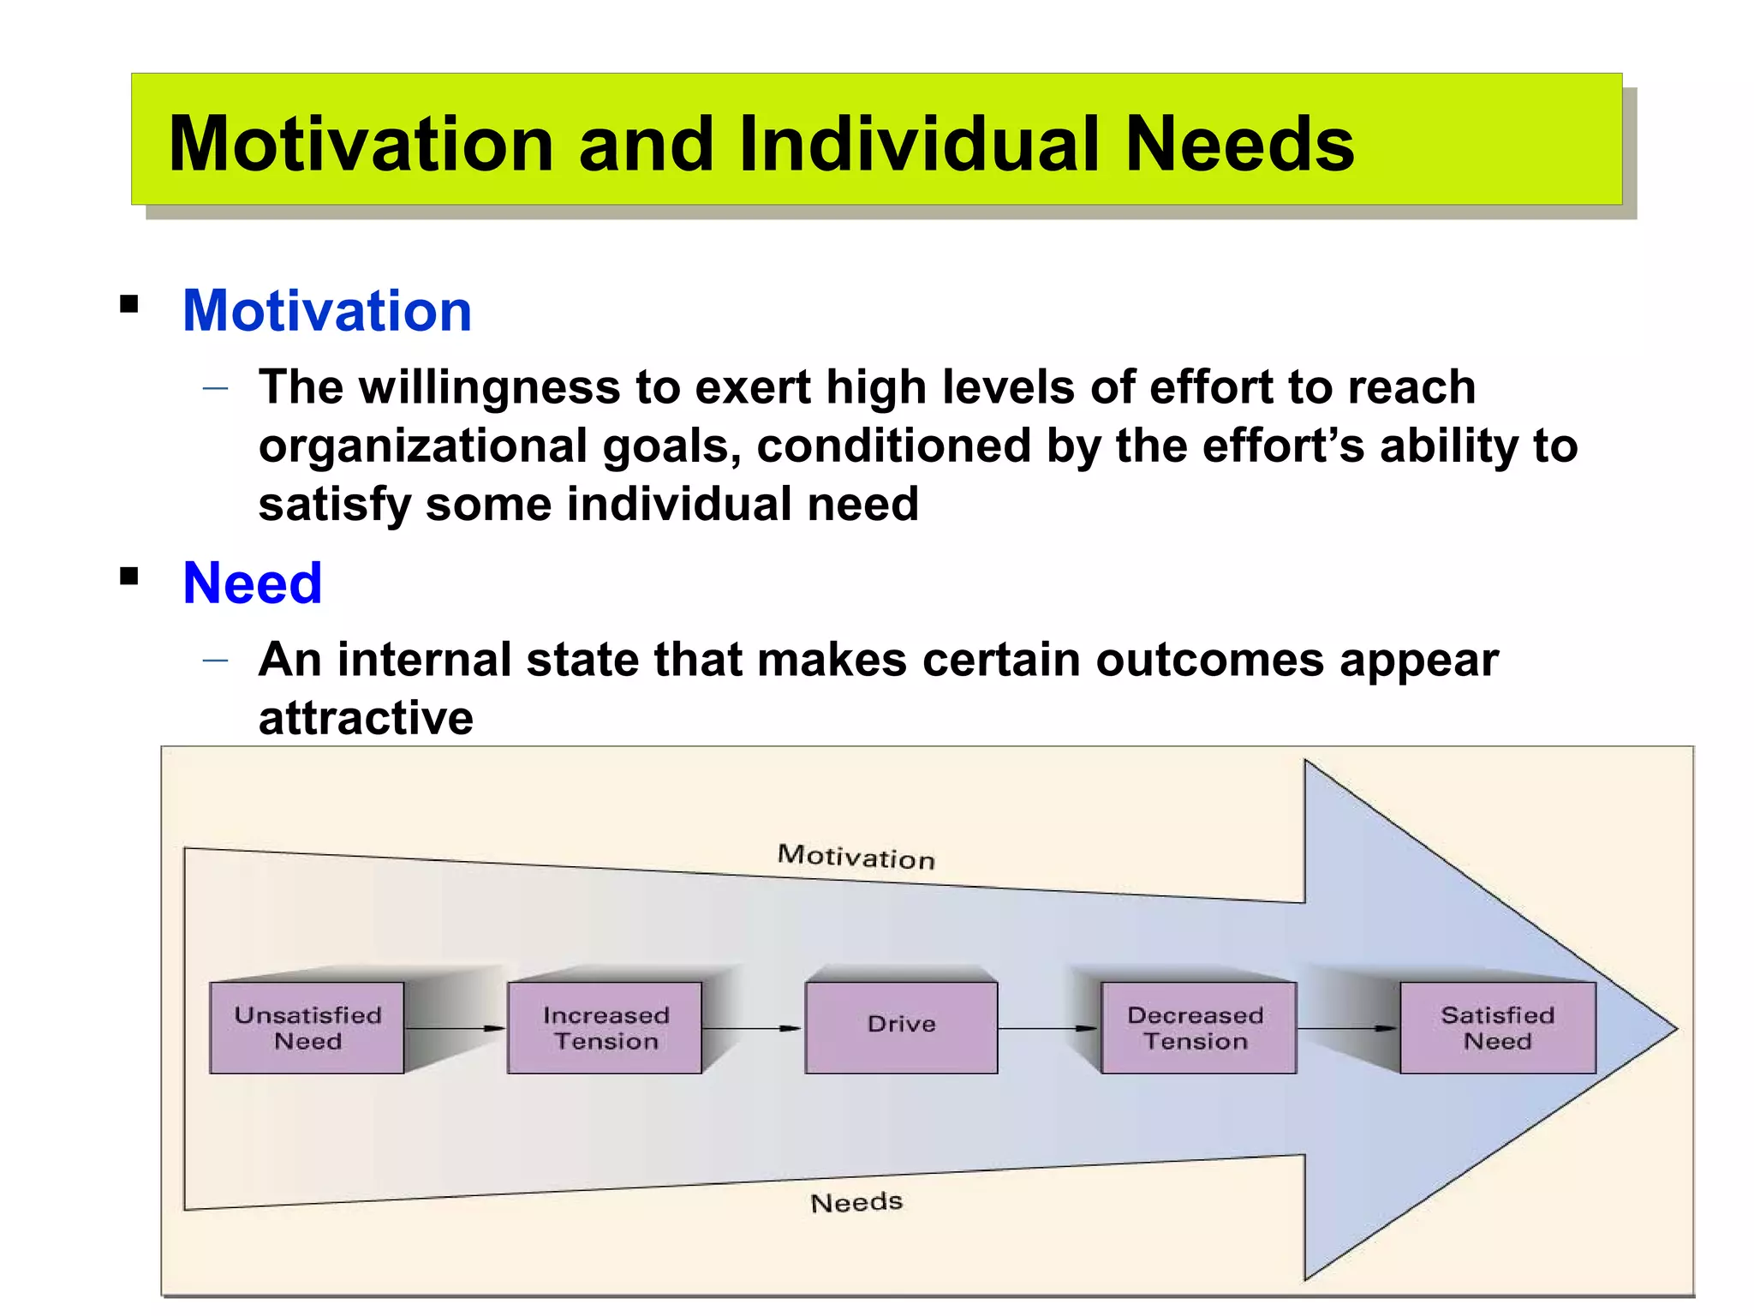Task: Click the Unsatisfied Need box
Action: [x=307, y=1027]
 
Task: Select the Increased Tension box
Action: [x=605, y=1027]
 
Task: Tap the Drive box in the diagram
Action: [x=901, y=1027]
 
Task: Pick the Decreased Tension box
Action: [x=1197, y=1027]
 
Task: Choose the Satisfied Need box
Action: [x=1497, y=1027]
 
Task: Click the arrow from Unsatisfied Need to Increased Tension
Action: [x=455, y=1028]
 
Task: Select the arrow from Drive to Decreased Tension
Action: [x=1048, y=1028]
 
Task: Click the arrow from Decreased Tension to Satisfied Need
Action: [x=1347, y=1028]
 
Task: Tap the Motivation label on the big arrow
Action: [x=856, y=857]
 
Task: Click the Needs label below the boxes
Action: [x=856, y=1202]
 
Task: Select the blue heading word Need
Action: [x=252, y=583]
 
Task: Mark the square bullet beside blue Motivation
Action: [x=129, y=304]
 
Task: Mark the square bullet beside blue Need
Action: [x=129, y=576]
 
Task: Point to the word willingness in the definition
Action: [x=488, y=387]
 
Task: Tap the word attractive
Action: [x=366, y=718]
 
